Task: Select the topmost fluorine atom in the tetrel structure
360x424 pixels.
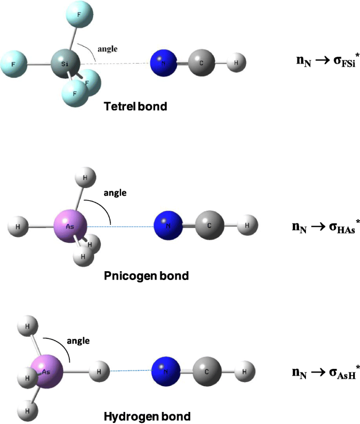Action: pos(79,15)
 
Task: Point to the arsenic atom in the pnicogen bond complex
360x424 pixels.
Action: pos(70,226)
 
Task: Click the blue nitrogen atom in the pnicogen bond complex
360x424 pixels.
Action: pos(168,227)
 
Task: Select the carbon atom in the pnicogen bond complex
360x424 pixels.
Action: pos(210,227)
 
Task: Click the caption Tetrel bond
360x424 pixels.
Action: pos(136,107)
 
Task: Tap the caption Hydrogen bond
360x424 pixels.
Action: pos(147,417)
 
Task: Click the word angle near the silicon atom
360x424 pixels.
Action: pos(107,49)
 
